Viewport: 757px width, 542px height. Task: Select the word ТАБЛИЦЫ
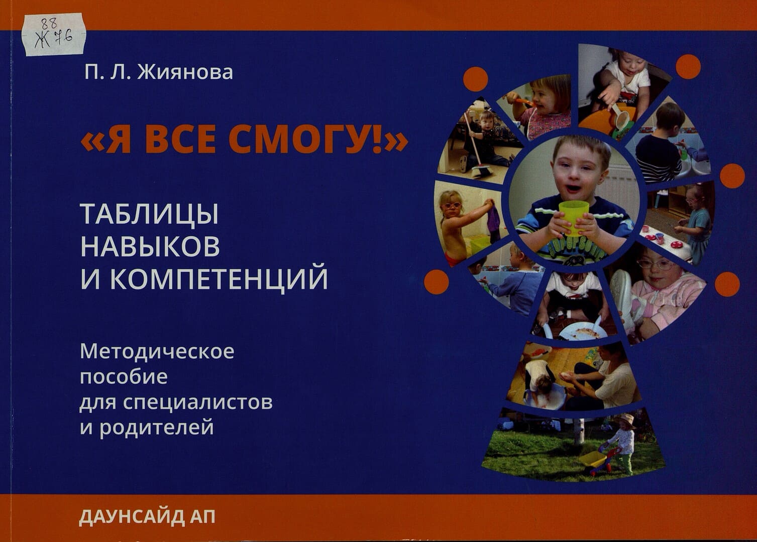(149, 215)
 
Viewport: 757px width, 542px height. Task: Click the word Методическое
(157, 352)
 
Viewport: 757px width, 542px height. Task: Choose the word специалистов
(198, 402)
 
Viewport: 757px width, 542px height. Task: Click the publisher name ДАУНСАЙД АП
(147, 517)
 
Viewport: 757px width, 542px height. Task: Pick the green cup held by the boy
(573, 217)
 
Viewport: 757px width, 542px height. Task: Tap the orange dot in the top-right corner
(688, 67)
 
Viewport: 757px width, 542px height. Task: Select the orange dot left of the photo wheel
(437, 282)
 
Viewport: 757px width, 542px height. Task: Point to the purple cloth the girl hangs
(493, 221)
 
